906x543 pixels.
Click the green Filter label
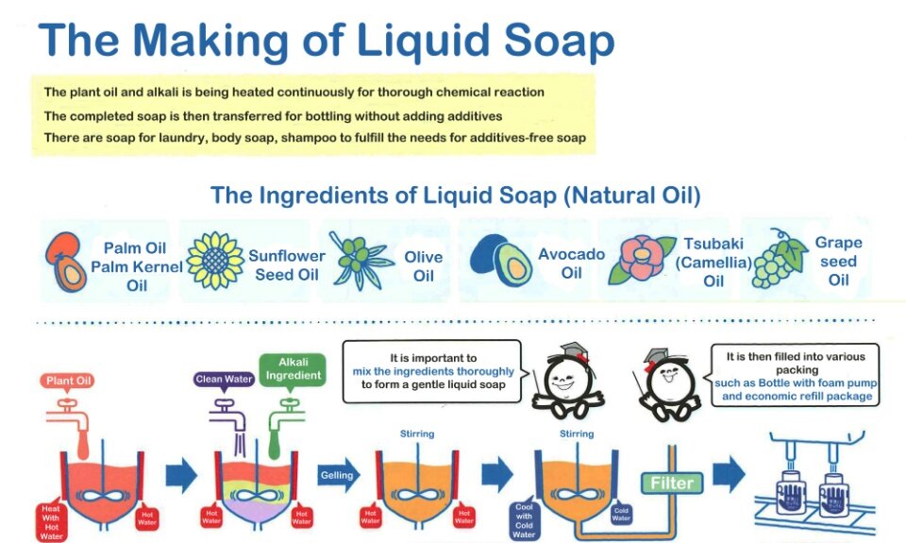pyautogui.click(x=671, y=483)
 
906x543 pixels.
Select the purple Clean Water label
pyautogui.click(x=224, y=380)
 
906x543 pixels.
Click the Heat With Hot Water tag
pyautogui.click(x=50, y=521)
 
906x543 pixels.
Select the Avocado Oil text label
pyautogui.click(x=571, y=263)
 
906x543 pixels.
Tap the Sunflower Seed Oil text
pyautogui.click(x=287, y=265)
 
